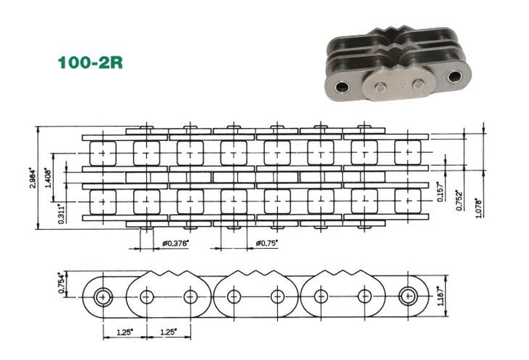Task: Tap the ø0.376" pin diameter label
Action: (174, 242)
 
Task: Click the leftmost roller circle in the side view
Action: (103, 296)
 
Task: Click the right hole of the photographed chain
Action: (456, 76)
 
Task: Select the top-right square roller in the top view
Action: (407, 152)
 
